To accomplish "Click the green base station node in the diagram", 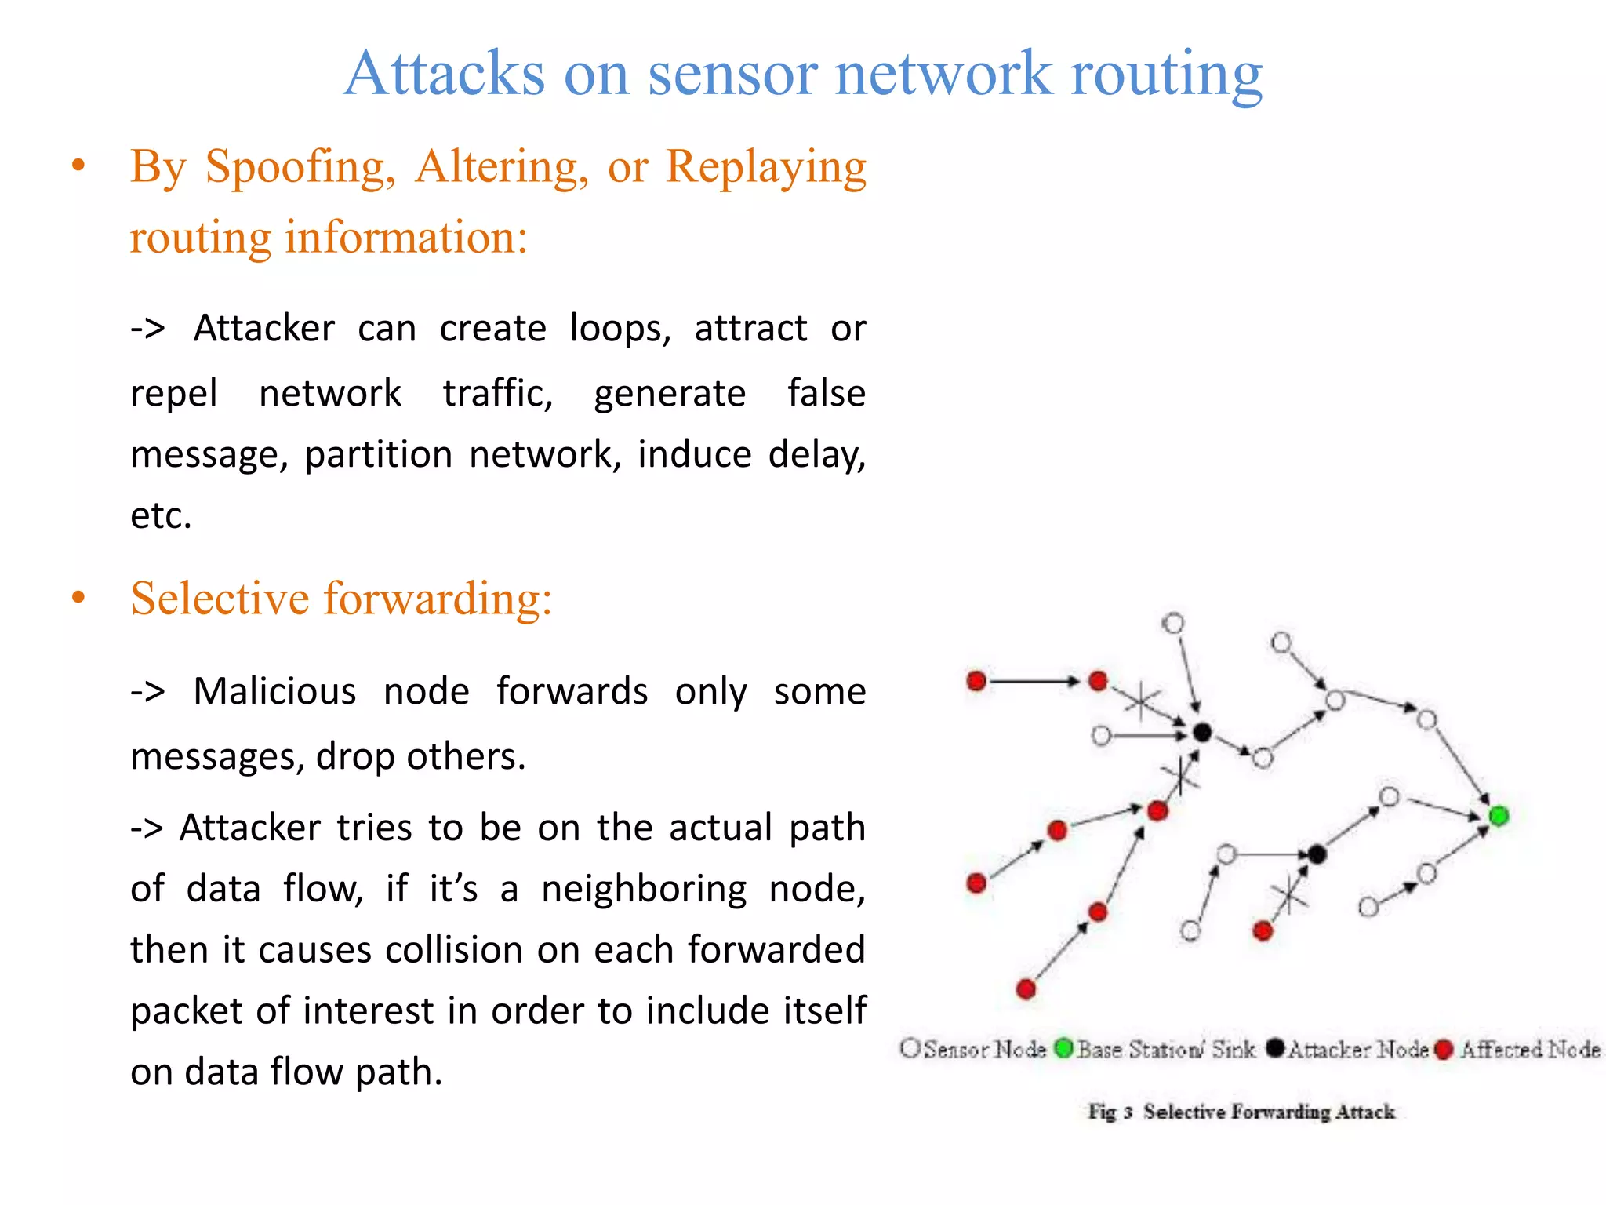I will coord(1499,816).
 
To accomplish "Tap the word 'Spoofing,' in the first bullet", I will coord(300,167).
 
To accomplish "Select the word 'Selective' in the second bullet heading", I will coord(220,599).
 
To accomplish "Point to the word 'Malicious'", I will coord(274,692).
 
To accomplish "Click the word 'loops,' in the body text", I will coord(620,328).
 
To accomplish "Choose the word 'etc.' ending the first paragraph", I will coord(161,516).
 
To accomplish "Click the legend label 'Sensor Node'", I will coord(985,1050).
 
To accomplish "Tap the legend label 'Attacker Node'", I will coord(1357,1050).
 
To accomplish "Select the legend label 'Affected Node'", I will coord(1529,1050).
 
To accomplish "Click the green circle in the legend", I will coord(1063,1048).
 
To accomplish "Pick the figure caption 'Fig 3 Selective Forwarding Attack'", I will coord(1241,1112).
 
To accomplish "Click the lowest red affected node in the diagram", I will coord(1026,989).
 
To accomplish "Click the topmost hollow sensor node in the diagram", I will coord(1173,624).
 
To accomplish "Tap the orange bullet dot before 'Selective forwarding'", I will coord(78,598).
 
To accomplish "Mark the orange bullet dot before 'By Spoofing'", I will coord(78,166).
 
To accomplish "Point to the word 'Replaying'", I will coord(765,167).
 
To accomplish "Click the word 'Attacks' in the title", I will coord(444,74).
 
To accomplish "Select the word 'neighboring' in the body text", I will coord(644,890).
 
